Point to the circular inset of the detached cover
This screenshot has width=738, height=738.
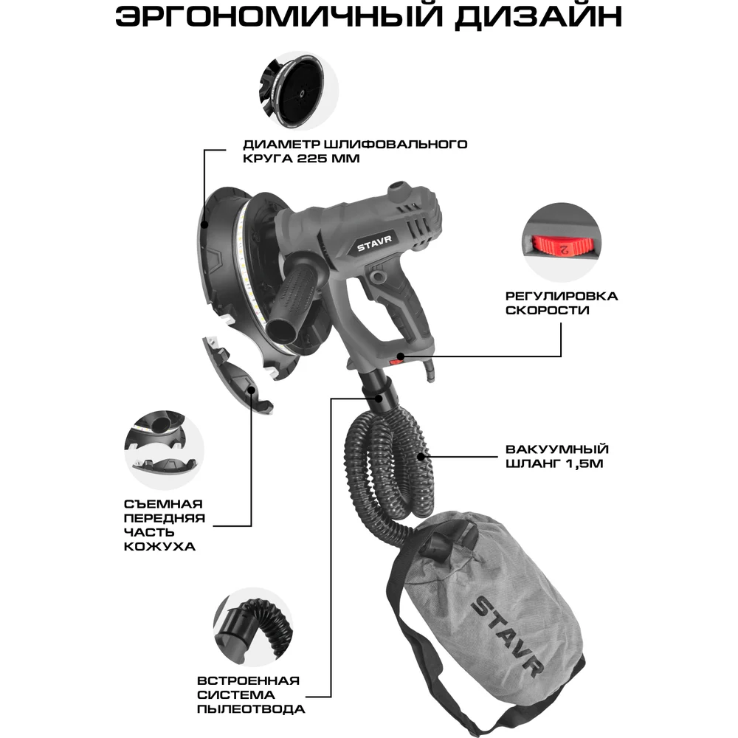163,444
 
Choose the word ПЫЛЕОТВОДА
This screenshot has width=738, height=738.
252,709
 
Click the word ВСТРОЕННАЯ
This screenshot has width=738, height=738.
249,680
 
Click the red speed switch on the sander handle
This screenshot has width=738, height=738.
396,360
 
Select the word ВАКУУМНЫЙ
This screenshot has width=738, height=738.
547,449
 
